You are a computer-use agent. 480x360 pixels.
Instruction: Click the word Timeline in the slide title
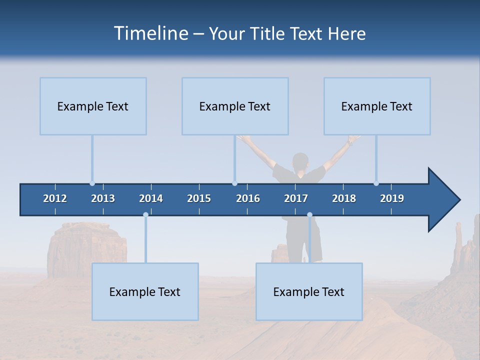pyautogui.click(x=150, y=33)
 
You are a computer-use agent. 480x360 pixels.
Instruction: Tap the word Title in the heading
pyautogui.click(x=268, y=33)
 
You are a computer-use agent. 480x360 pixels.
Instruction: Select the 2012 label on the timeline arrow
pyautogui.click(x=55, y=198)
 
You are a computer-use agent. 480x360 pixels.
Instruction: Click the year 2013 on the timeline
pyautogui.click(x=103, y=198)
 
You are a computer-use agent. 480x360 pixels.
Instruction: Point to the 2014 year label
pyautogui.click(x=151, y=198)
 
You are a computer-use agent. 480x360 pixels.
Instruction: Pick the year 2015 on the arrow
pyautogui.click(x=199, y=198)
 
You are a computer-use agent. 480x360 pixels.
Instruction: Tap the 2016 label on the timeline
pyautogui.click(x=248, y=198)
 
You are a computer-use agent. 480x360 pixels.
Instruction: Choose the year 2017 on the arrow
pyautogui.click(x=296, y=198)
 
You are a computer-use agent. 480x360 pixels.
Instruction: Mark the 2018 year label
pyautogui.click(x=344, y=198)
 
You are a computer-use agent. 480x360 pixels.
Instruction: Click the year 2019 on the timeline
pyautogui.click(x=392, y=198)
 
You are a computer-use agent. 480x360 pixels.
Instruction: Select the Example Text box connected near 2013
pyautogui.click(x=93, y=106)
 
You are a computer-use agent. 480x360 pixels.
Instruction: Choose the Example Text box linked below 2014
pyautogui.click(x=145, y=291)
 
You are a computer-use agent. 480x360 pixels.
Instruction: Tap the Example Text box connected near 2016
pyautogui.click(x=235, y=106)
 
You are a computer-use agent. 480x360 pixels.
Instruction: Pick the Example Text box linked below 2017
pyautogui.click(x=309, y=291)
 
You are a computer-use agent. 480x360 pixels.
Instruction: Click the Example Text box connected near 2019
pyautogui.click(x=377, y=106)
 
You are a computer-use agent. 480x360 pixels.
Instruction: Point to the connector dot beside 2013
pyautogui.click(x=92, y=183)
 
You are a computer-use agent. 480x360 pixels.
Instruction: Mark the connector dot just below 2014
pyautogui.click(x=145, y=215)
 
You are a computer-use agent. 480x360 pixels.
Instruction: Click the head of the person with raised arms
pyautogui.click(x=300, y=161)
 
